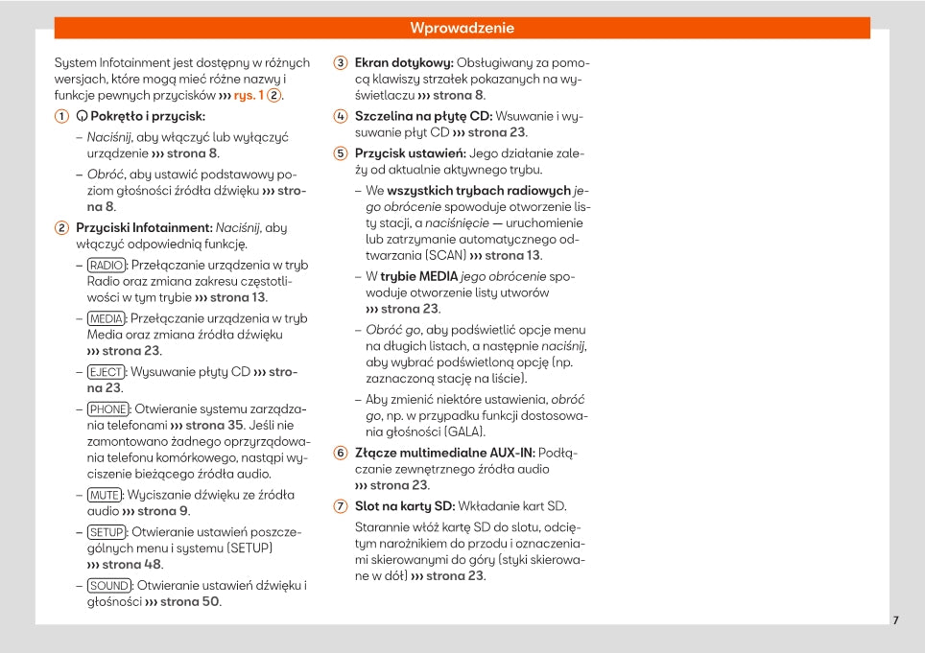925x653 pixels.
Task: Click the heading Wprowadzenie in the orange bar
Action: (x=462, y=28)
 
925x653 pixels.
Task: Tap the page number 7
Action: (x=895, y=620)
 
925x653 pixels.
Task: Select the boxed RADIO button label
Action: (x=106, y=265)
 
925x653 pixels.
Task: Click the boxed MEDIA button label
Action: (x=106, y=318)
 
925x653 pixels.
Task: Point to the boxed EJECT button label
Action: (x=106, y=372)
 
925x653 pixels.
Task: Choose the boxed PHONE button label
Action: (x=107, y=408)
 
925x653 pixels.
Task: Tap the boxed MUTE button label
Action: (x=104, y=495)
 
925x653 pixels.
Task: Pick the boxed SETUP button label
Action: (x=106, y=531)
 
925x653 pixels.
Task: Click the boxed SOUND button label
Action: (x=108, y=585)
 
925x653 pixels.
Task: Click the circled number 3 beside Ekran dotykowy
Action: (x=340, y=62)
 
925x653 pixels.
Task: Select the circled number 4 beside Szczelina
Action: (x=340, y=116)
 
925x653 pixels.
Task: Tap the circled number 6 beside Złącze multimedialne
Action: (x=340, y=453)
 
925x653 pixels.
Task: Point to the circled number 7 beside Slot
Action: (x=340, y=506)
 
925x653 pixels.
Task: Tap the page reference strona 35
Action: (x=214, y=425)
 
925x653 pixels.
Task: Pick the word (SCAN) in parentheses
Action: (x=443, y=255)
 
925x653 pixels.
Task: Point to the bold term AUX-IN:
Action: (x=512, y=453)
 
